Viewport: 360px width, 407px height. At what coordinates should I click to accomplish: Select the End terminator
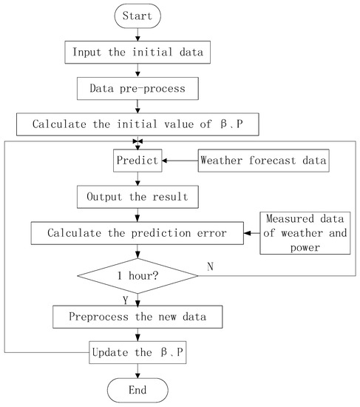pos(137,389)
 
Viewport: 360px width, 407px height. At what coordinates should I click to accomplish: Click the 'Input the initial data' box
pos(137,53)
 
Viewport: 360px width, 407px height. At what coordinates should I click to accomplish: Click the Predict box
pos(137,159)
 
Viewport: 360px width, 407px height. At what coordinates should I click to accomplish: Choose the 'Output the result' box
pos(137,198)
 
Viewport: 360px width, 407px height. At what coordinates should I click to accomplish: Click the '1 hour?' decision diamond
pos(137,275)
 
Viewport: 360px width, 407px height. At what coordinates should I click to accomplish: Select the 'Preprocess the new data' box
pos(137,316)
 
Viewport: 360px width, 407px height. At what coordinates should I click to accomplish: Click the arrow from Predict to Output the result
pos(137,178)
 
